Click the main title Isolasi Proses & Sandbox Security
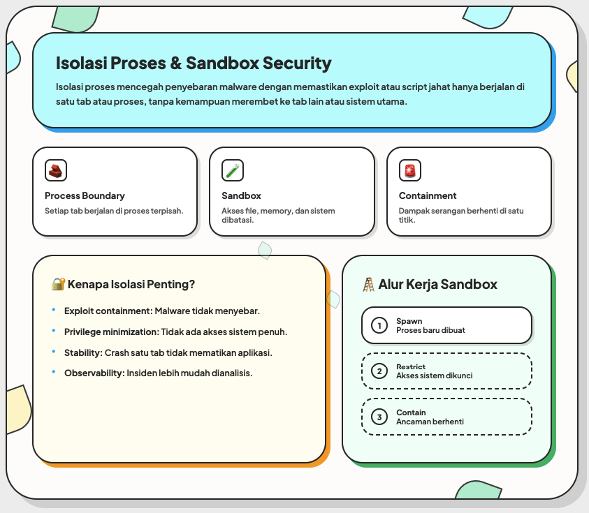coord(194,64)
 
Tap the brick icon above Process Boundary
coord(56,170)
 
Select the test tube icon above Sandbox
coord(233,170)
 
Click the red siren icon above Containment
coord(410,170)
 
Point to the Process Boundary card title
coord(85,195)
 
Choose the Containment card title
coord(428,195)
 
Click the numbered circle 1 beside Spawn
coord(379,325)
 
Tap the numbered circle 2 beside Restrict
coord(379,371)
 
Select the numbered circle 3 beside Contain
coord(379,417)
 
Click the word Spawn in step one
coord(409,321)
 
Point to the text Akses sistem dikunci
coord(434,376)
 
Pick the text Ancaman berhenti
coord(430,422)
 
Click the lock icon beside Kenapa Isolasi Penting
coord(58,284)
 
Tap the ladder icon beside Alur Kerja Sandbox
coord(369,284)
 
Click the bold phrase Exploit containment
coord(107,311)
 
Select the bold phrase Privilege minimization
coord(110,332)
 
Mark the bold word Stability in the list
coord(82,352)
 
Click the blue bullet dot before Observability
coord(54,372)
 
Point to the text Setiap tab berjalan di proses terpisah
coord(114,211)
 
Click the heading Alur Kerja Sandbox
coord(438,284)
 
